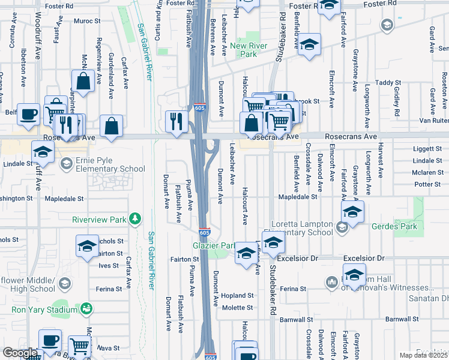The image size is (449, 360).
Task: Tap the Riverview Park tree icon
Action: click(137, 220)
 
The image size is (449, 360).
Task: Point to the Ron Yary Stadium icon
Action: click(87, 309)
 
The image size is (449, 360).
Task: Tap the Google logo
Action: click(19, 353)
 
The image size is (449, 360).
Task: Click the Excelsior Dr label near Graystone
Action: click(364, 258)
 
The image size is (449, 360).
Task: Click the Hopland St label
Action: click(238, 295)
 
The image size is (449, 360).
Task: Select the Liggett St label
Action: click(427, 148)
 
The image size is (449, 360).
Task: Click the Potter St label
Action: click(427, 184)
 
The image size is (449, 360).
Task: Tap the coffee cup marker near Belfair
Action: click(28, 114)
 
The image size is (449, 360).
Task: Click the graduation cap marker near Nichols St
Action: click(88, 246)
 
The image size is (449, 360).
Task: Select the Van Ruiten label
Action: click(433, 121)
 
